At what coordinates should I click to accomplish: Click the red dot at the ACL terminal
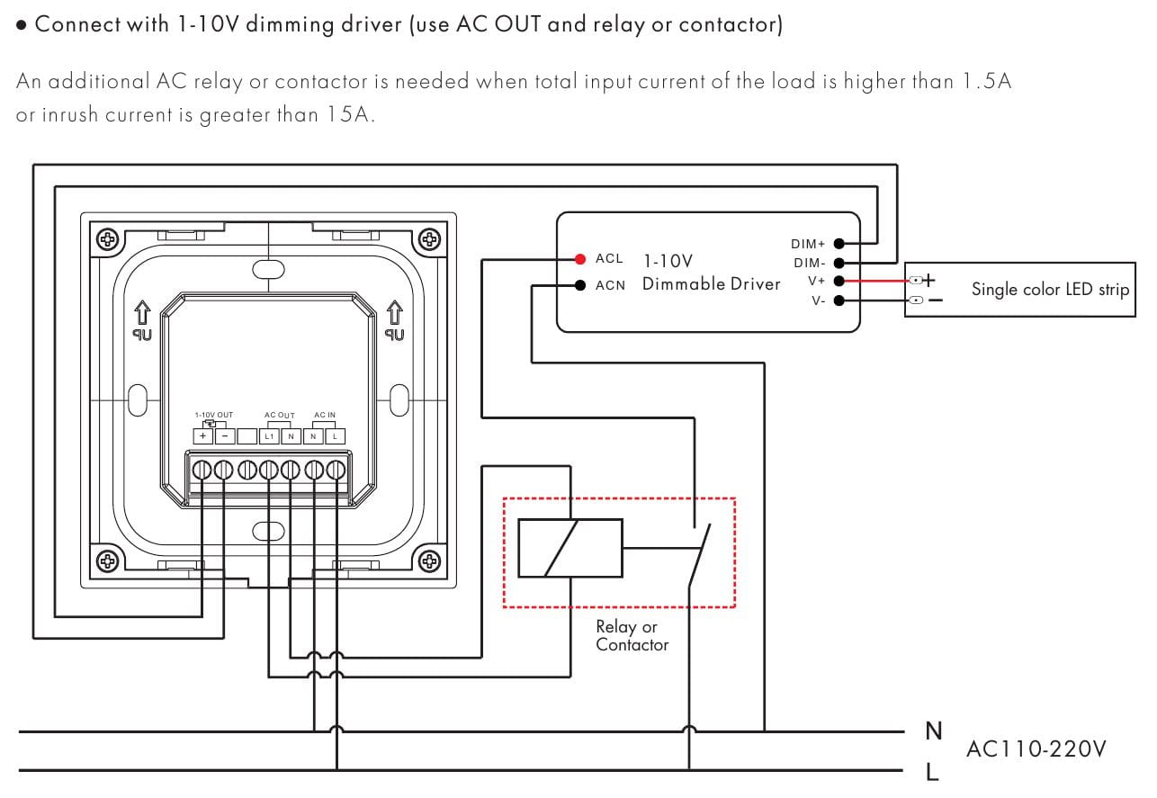580,259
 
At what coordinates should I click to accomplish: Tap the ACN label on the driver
609,286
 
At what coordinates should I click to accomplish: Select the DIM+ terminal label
808,244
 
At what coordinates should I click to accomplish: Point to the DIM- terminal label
808,263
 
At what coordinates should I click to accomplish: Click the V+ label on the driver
816,282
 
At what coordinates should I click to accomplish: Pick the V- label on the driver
817,300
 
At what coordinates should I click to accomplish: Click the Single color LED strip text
1050,290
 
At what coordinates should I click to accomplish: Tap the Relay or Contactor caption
632,635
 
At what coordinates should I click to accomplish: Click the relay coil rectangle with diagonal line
570,548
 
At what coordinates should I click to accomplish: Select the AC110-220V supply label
1036,749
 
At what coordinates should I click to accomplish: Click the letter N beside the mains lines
933,731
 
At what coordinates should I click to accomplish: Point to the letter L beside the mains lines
932,771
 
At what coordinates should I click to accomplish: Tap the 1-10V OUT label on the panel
213,415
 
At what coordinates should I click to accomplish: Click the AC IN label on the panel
325,415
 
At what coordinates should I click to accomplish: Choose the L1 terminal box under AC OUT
268,436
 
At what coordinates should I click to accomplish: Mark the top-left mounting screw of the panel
108,239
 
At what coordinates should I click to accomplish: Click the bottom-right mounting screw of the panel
430,560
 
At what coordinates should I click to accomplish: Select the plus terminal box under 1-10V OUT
203,436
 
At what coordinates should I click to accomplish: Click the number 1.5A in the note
987,81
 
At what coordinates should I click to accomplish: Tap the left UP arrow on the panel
142,314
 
